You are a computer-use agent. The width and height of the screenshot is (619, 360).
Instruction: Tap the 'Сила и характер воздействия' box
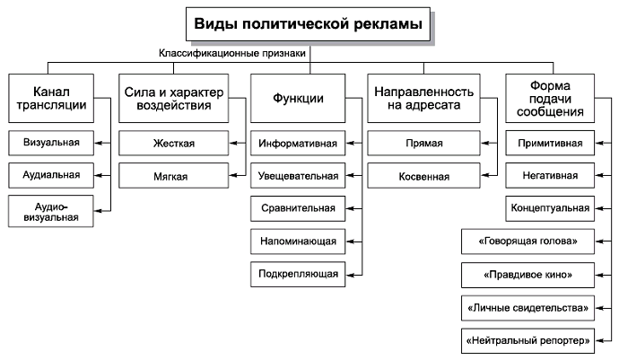coord(171,99)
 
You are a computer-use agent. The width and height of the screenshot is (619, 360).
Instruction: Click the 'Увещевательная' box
coord(298,176)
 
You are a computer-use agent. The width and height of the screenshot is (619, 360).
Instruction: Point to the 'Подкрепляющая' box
coord(298,274)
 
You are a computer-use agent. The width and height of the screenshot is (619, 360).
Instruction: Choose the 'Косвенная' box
coord(424,176)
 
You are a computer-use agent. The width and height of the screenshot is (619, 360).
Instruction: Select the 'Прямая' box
coord(424,144)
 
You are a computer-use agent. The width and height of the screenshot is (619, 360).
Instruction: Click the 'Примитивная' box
coord(550,144)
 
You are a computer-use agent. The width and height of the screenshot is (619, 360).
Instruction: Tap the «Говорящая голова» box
coord(529,241)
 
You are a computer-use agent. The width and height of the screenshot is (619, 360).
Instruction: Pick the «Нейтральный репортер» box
coord(527,340)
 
